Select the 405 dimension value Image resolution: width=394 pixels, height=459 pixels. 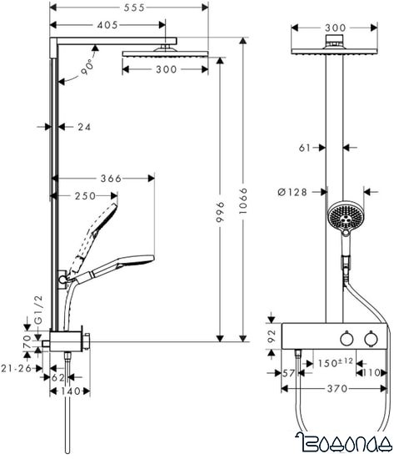click(106, 26)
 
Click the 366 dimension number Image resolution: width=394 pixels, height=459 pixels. click(110, 178)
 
